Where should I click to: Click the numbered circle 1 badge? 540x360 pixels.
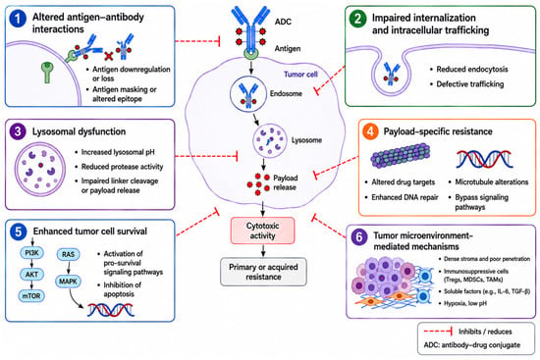[x=18, y=19]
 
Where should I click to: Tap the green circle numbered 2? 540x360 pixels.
[x=357, y=19]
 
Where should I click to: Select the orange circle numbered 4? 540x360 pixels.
[x=370, y=131]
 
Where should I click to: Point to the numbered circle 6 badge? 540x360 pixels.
[x=358, y=237]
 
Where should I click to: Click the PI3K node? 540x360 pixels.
[x=32, y=253]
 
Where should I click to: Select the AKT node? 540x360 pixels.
[x=31, y=275]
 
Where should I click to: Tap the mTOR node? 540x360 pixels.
[x=31, y=295]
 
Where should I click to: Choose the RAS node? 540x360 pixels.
[x=68, y=254]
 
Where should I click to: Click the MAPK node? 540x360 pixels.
[x=68, y=282]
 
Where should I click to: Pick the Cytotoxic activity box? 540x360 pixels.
[x=262, y=231]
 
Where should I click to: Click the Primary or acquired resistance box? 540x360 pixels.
[x=263, y=272]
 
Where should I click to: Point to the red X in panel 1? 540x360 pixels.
[x=108, y=56]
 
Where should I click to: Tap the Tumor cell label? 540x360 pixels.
[x=300, y=74]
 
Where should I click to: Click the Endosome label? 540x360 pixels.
[x=286, y=93]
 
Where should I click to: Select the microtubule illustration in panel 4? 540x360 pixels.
[x=401, y=156]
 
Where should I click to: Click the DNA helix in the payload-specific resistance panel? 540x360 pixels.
[x=485, y=159]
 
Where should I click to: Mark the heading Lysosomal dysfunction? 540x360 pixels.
[x=79, y=131]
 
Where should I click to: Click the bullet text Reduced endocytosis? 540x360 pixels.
[x=472, y=70]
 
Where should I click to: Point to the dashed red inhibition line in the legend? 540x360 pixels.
[x=438, y=332]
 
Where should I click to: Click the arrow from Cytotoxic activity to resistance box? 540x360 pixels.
[x=263, y=250]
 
